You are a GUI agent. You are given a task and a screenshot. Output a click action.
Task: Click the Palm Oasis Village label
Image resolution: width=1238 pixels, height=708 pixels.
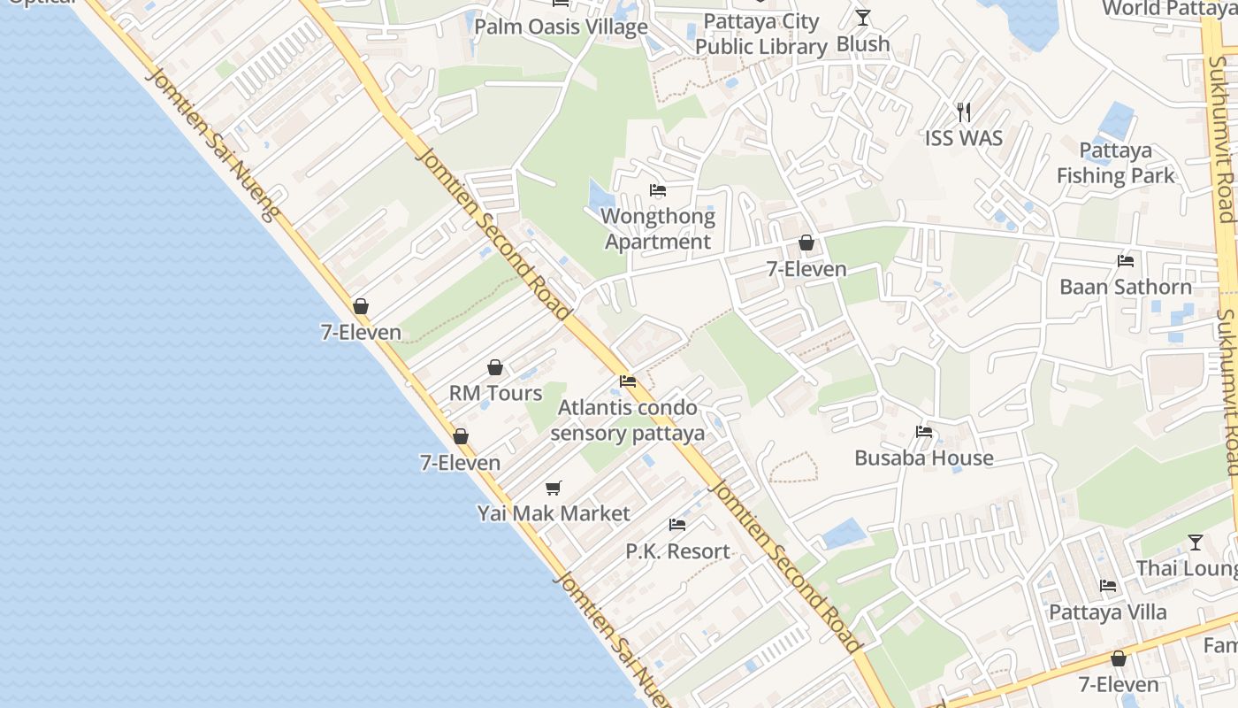tap(561, 27)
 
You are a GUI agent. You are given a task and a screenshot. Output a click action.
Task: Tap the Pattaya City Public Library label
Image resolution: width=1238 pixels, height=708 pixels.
tap(760, 34)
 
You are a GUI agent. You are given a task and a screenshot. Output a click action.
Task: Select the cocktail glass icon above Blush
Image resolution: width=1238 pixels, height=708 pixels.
tap(863, 17)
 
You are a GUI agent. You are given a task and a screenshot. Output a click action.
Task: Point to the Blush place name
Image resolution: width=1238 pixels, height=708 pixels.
tap(863, 44)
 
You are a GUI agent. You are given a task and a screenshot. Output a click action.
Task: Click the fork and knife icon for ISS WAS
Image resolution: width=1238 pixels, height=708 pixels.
tap(964, 112)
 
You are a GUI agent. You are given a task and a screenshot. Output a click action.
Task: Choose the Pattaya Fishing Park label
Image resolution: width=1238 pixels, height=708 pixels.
tap(1116, 163)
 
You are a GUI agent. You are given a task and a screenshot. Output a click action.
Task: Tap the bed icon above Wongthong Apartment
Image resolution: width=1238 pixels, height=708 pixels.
tap(657, 190)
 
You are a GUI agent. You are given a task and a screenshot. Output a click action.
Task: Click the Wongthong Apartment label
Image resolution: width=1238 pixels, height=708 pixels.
tap(657, 228)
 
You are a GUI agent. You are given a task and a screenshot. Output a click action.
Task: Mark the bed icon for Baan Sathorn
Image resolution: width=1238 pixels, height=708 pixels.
tap(1126, 261)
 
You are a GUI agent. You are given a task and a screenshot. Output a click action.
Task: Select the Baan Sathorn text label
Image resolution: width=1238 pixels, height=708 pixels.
tap(1126, 287)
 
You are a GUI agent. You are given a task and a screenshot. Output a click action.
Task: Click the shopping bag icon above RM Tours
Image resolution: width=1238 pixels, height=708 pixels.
tap(495, 367)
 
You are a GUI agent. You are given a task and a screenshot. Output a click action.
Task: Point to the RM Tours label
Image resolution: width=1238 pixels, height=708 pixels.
tap(495, 393)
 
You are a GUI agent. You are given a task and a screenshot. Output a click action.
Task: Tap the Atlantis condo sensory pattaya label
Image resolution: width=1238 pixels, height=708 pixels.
tap(627, 420)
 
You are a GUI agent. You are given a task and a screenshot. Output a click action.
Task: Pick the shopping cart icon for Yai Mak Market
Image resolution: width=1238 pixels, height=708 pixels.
tap(554, 488)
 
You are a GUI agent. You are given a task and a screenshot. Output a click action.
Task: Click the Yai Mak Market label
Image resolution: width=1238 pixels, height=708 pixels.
tap(554, 513)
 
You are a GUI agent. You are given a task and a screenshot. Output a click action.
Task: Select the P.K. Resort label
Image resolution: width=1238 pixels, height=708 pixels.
tap(677, 550)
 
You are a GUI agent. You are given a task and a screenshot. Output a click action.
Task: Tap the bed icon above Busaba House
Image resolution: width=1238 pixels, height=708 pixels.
tap(924, 432)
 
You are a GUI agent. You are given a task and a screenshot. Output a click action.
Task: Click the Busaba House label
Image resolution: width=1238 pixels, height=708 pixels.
tap(924, 458)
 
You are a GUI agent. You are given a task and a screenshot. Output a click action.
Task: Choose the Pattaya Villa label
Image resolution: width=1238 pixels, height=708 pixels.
tap(1107, 612)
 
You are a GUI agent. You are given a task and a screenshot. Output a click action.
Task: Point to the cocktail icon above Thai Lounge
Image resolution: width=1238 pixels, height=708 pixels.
tap(1196, 542)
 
